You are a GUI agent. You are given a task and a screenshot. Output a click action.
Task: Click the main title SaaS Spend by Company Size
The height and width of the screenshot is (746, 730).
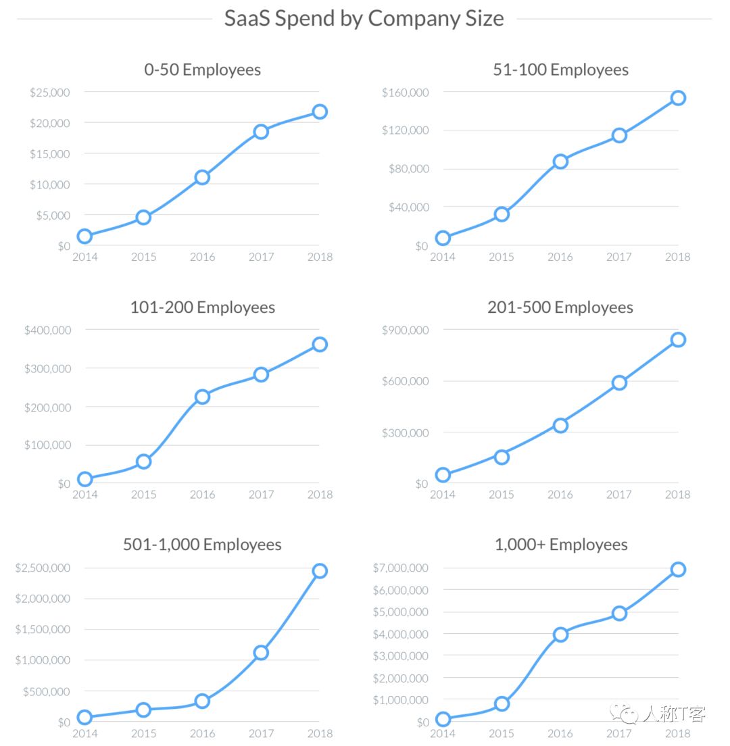click(x=364, y=18)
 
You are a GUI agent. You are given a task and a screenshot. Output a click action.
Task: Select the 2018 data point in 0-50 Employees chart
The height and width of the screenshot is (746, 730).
click(x=320, y=111)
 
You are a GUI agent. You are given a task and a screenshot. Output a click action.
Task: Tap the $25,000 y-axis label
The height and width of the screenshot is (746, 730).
click(x=49, y=92)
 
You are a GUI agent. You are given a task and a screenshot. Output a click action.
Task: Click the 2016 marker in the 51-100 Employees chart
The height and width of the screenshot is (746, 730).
click(x=560, y=161)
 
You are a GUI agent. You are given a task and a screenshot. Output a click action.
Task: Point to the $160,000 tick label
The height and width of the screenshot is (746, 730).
click(x=406, y=92)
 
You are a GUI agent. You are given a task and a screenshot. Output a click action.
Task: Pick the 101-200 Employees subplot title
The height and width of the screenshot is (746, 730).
click(x=203, y=307)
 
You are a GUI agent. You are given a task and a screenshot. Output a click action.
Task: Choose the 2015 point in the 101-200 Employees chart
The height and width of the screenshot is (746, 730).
click(x=143, y=462)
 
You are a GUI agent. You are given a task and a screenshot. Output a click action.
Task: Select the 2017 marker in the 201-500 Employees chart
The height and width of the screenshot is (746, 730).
click(x=619, y=382)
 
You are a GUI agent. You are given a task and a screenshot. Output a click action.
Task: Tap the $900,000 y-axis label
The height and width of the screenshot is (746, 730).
click(x=406, y=330)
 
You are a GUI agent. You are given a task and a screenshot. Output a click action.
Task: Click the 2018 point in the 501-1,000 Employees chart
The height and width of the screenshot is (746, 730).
click(x=320, y=571)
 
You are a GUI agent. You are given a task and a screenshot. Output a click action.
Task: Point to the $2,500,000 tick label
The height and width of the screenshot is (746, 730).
click(x=43, y=568)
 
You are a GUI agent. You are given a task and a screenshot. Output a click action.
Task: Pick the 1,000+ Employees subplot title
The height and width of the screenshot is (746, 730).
click(x=561, y=545)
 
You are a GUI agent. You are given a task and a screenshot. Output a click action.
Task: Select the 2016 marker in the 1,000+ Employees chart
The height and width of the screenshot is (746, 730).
click(x=560, y=635)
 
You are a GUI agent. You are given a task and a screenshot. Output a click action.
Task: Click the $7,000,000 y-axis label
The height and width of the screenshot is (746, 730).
click(x=401, y=568)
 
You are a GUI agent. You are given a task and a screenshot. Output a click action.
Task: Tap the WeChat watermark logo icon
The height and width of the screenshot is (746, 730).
click(x=623, y=714)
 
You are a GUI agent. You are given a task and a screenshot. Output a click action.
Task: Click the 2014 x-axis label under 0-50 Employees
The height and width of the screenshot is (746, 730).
click(x=84, y=257)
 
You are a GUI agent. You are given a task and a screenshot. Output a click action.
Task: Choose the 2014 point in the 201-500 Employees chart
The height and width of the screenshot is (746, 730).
click(x=443, y=475)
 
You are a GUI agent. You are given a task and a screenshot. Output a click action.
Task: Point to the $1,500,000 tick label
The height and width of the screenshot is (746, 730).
click(x=43, y=629)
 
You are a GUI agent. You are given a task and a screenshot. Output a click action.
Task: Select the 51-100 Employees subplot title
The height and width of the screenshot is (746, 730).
click(x=561, y=70)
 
